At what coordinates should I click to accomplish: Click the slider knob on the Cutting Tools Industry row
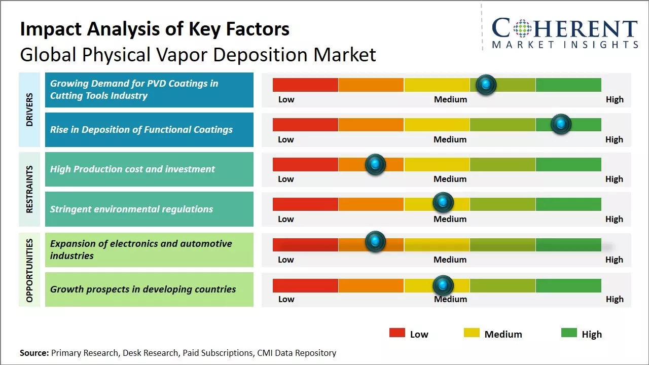tap(486, 85)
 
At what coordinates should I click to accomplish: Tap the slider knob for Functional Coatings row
tap(561, 124)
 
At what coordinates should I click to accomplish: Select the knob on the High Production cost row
tap(375, 164)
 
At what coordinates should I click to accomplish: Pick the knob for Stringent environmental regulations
tap(443, 203)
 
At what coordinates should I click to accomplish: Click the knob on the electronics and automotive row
tap(375, 242)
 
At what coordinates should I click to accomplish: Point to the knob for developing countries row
tap(443, 285)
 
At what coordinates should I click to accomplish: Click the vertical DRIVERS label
tap(29, 109)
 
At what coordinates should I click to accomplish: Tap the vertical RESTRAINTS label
tap(29, 189)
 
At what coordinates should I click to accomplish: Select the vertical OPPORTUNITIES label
tap(29, 270)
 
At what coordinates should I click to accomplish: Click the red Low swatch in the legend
tap(397, 333)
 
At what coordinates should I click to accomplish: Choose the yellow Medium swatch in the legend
tap(472, 333)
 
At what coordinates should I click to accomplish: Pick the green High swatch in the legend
tap(569, 333)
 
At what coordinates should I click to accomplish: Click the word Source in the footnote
tap(34, 353)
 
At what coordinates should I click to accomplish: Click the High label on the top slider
tap(615, 99)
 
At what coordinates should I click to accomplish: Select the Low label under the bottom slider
tap(286, 299)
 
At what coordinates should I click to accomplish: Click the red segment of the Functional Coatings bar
tap(305, 125)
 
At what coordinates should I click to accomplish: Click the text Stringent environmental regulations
tap(131, 209)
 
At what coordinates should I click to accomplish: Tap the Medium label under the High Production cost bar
tap(450, 179)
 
